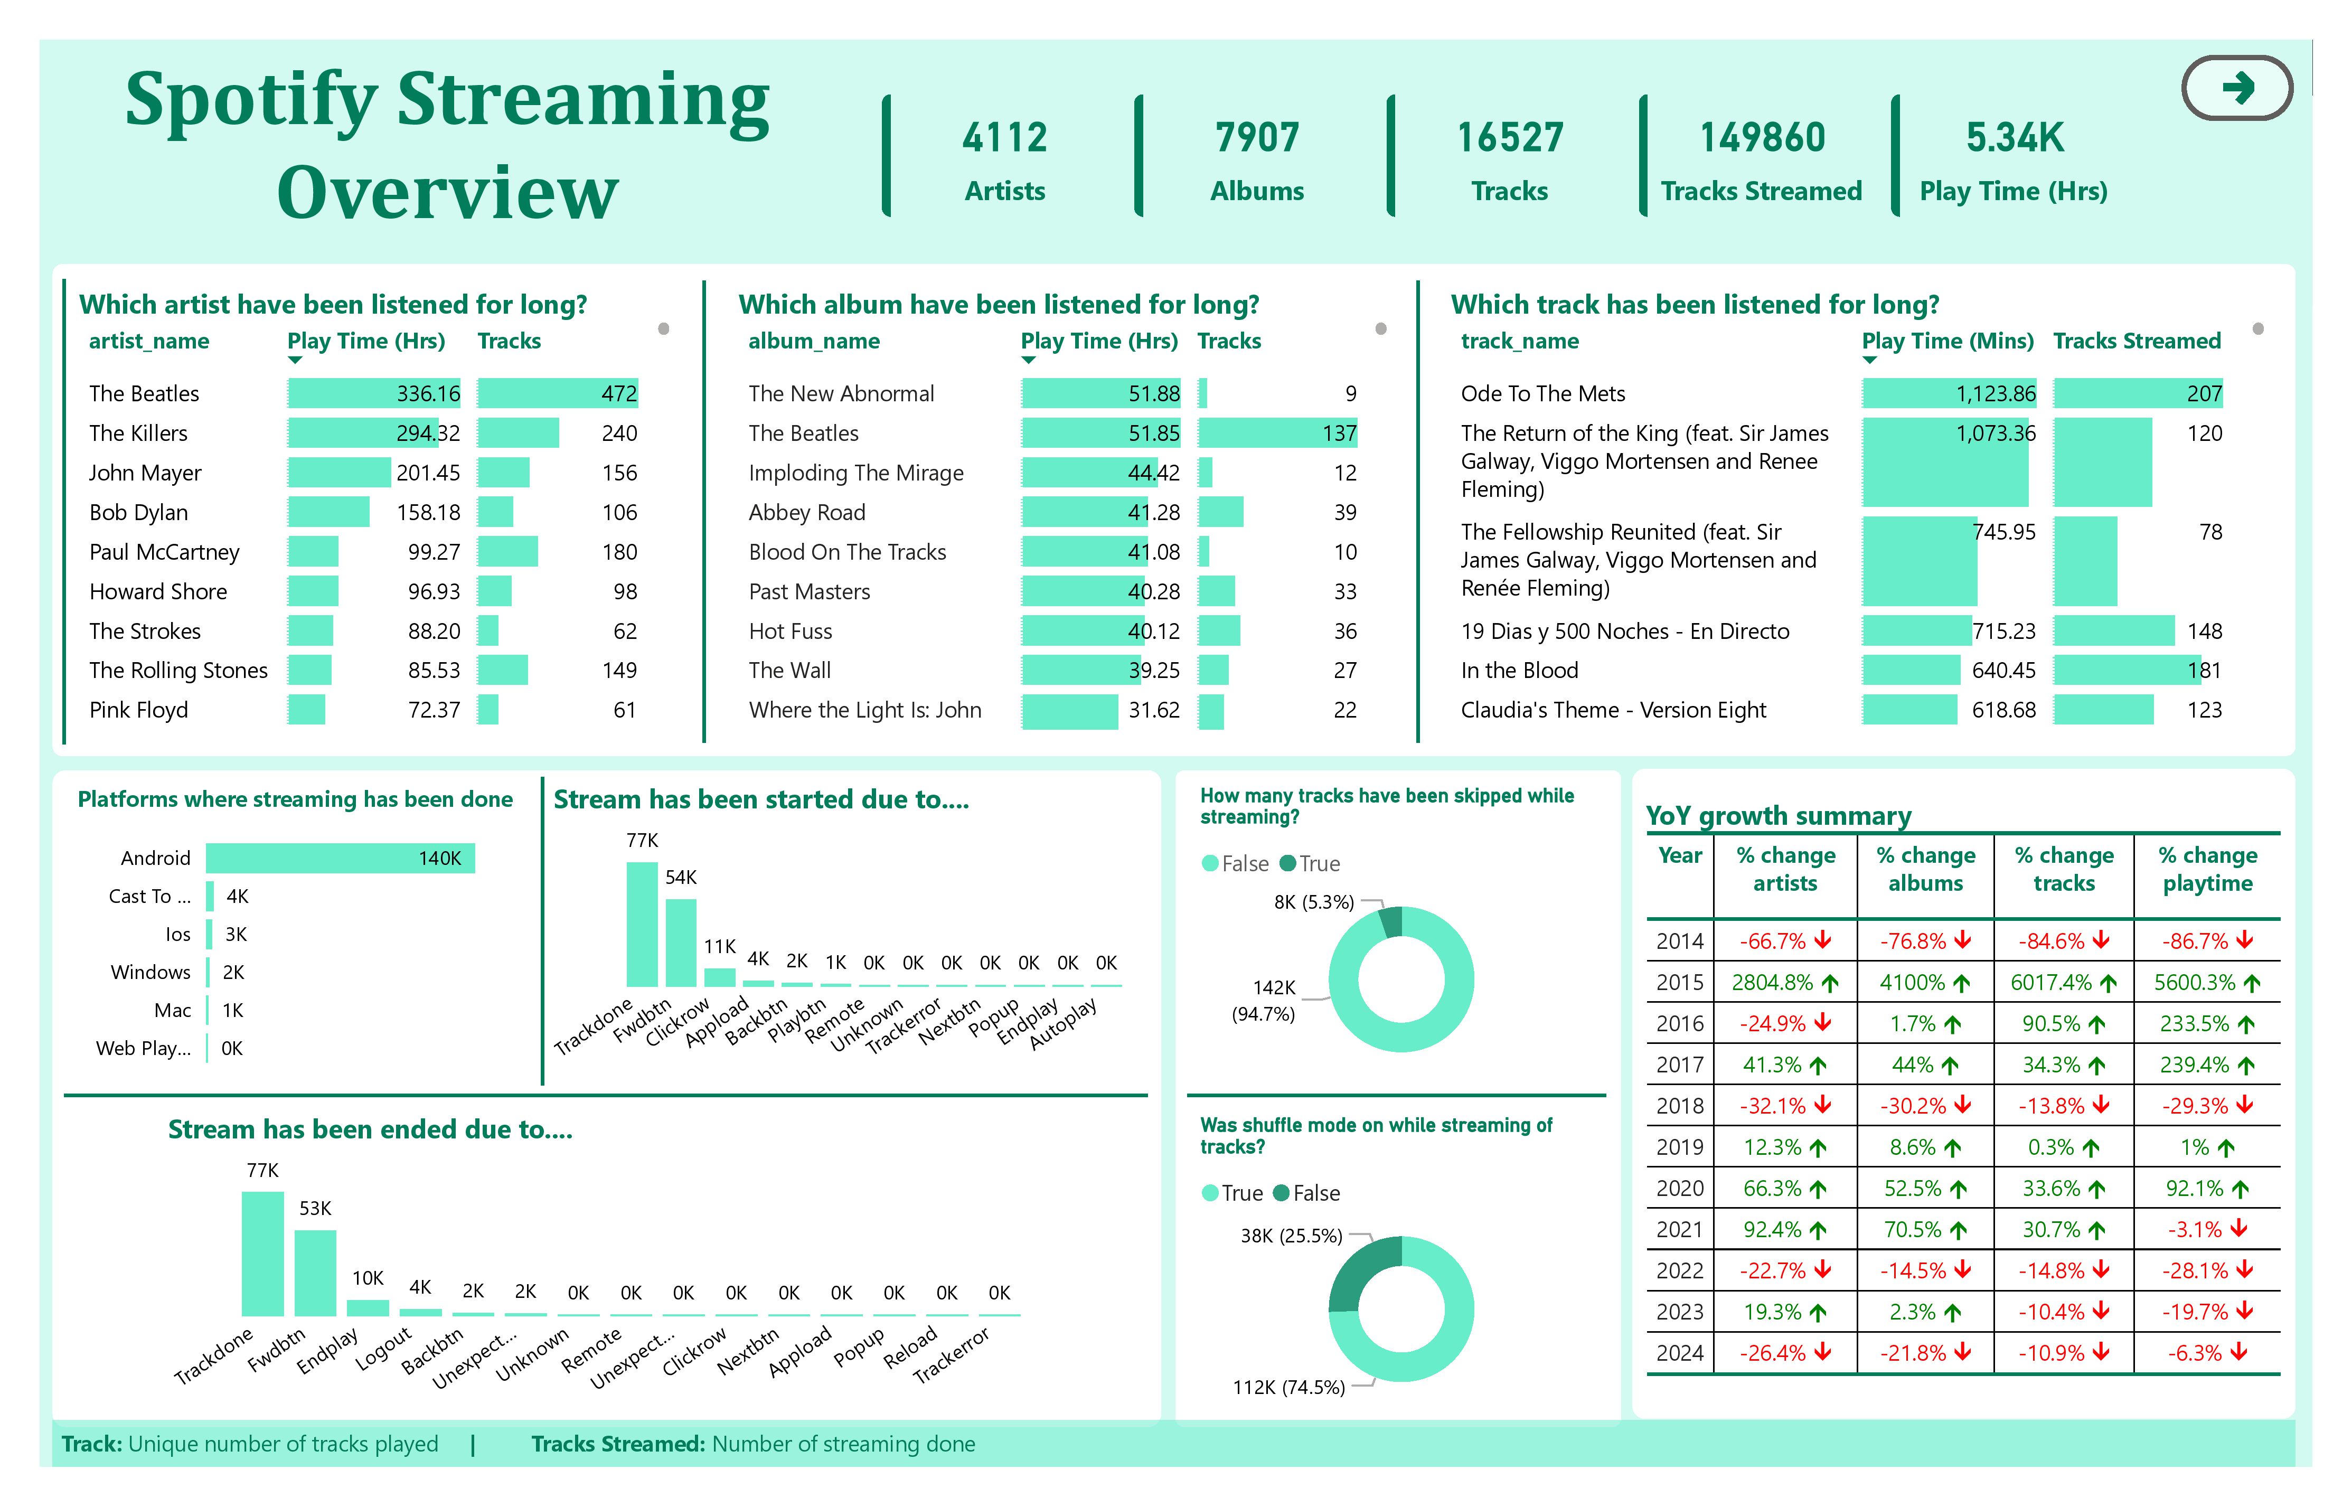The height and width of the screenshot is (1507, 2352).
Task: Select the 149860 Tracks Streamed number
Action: (1761, 138)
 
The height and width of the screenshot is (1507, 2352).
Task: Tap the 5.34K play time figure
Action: (2015, 138)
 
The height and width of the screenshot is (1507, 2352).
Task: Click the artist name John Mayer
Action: (145, 473)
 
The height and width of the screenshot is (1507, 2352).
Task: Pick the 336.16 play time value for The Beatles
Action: (428, 393)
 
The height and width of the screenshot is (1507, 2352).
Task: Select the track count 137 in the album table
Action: (1339, 434)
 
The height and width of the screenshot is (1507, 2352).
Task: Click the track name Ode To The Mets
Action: (1542, 393)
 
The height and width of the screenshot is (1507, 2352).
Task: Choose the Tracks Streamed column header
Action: (2136, 341)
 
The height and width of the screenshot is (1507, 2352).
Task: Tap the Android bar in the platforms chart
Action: (340, 858)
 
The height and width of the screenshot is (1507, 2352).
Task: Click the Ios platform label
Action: (178, 935)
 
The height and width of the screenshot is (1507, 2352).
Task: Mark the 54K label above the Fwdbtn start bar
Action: (681, 878)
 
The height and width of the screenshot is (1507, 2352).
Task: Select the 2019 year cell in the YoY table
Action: (1679, 1147)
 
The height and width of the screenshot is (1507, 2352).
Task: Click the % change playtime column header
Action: (2207, 869)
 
